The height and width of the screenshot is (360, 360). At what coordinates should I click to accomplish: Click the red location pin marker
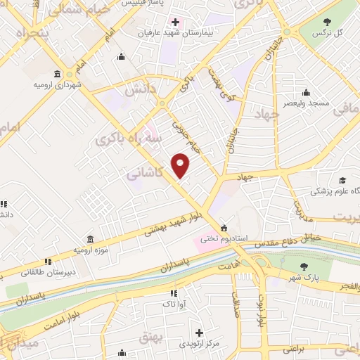[181, 165]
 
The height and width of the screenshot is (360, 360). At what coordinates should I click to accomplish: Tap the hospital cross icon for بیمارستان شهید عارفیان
[175, 22]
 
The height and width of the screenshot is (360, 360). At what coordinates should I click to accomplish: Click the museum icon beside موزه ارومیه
[89, 240]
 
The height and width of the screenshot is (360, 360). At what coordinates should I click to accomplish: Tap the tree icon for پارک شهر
[304, 266]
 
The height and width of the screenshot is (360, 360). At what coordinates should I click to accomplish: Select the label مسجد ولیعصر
[307, 103]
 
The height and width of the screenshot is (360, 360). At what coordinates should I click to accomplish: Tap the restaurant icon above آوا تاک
[173, 293]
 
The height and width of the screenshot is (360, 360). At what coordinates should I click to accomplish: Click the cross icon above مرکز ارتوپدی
[200, 333]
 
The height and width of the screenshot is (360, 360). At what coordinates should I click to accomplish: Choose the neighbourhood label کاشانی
[148, 172]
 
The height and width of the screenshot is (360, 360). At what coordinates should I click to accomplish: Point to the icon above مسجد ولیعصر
[306, 92]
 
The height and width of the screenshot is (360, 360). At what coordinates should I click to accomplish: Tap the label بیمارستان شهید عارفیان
[174, 32]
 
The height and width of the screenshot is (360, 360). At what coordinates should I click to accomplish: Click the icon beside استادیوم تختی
[224, 228]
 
